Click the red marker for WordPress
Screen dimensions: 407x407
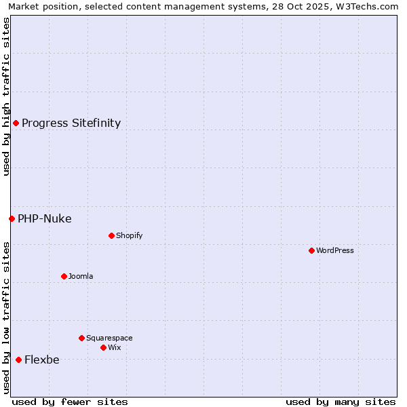pyautogui.click(x=311, y=250)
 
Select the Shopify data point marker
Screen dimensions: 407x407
pyautogui.click(x=111, y=235)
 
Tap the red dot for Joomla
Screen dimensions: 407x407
pyautogui.click(x=64, y=276)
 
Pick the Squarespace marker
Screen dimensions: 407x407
pyautogui.click(x=81, y=338)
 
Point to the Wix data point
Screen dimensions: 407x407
pyautogui.click(x=103, y=347)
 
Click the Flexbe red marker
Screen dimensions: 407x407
pyautogui.click(x=18, y=360)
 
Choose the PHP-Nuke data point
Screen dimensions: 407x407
pyautogui.click(x=12, y=218)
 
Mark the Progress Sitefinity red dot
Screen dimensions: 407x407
pyautogui.click(x=16, y=123)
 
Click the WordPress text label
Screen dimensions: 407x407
pyautogui.click(x=335, y=250)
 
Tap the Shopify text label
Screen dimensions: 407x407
pyautogui.click(x=130, y=235)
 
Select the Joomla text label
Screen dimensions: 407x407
pyautogui.click(x=81, y=276)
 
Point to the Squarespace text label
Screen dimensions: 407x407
pyautogui.click(x=109, y=338)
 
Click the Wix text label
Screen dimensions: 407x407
pyautogui.click(x=115, y=347)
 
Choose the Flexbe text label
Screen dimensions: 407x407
pyautogui.click(x=42, y=360)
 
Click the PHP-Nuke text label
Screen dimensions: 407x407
pyautogui.click(x=45, y=218)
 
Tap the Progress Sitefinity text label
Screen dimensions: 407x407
pyautogui.click(x=71, y=123)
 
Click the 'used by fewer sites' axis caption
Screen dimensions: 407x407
pyautogui.click(x=70, y=402)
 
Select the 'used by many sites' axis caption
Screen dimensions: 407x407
pyautogui.click(x=341, y=402)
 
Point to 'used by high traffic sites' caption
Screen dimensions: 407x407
pyautogui.click(x=6, y=97)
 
